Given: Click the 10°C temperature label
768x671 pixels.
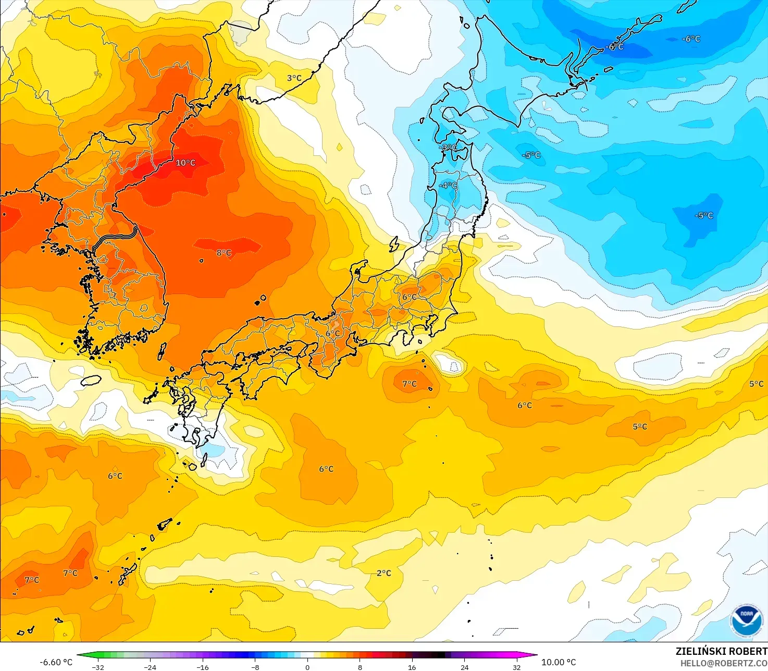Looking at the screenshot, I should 185,163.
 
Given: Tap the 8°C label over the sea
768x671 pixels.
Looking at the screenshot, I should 224,253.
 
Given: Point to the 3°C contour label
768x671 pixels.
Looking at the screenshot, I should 294,78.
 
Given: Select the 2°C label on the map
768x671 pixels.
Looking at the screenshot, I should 384,573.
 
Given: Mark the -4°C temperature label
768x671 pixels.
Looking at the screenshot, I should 448,186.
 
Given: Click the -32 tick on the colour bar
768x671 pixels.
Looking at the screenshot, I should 97,667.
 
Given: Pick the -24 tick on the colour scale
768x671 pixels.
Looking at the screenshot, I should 150,667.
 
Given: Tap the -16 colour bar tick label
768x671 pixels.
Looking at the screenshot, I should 203,667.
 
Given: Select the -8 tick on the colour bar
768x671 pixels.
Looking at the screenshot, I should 255,667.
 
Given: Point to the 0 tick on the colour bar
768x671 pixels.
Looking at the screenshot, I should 307,667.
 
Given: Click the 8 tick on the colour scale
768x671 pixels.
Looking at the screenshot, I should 360,667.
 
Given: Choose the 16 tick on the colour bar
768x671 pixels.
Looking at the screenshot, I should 412,667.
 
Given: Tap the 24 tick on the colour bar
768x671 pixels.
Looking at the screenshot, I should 464,667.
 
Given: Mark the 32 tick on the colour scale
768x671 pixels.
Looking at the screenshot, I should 516,667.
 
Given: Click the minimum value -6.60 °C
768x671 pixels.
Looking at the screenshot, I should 56,662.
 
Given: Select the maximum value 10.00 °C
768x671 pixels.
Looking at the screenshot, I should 559,662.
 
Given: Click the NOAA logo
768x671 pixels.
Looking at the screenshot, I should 746,620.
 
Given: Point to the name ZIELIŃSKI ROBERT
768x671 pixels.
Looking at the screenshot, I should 721,651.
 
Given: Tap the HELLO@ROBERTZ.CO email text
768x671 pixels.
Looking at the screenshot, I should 724,663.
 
